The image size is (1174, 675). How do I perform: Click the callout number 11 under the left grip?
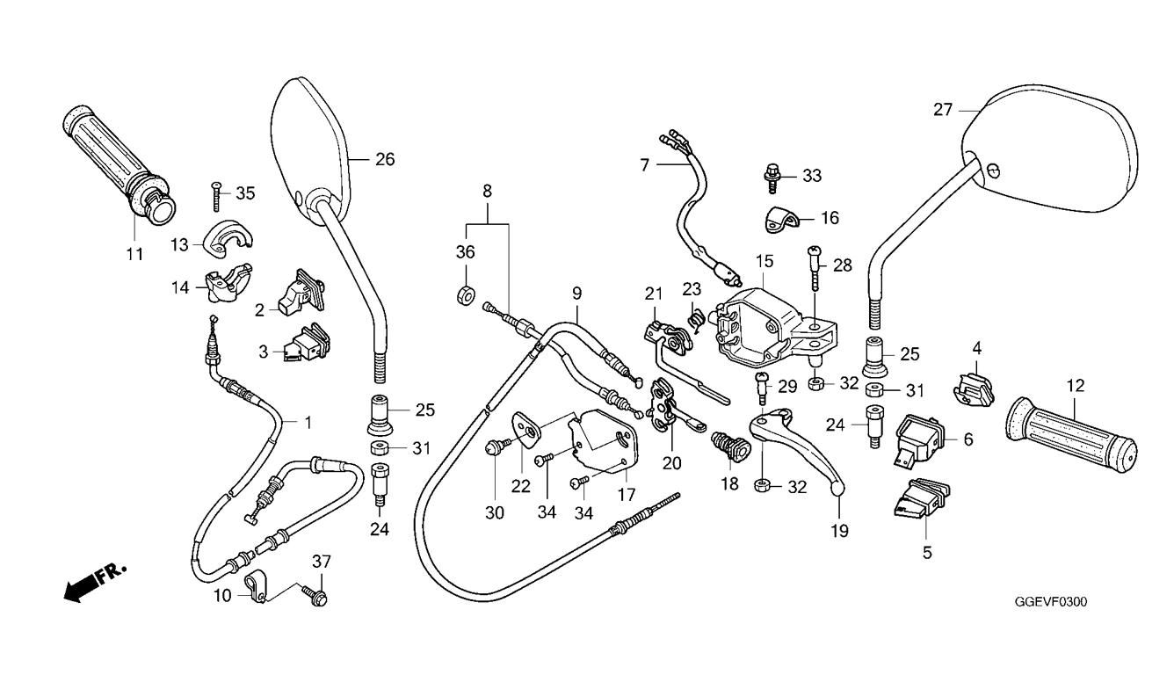click(x=134, y=254)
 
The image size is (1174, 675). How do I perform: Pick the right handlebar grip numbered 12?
click(x=1071, y=435)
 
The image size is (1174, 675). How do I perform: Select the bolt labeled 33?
click(x=772, y=178)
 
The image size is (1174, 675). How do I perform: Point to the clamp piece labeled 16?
click(x=781, y=220)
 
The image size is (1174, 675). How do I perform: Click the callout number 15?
click(x=765, y=261)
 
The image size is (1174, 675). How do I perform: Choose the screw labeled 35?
click(x=216, y=196)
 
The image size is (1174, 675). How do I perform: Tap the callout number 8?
click(x=488, y=192)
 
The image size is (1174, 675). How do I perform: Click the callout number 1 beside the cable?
click(x=308, y=423)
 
